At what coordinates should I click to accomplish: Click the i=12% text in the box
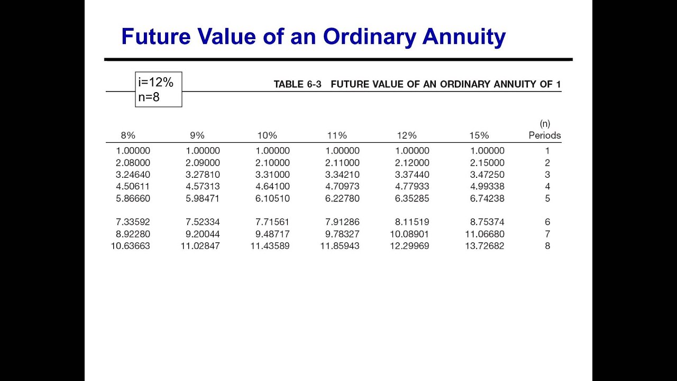pos(156,82)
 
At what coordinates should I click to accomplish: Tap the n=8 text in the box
pos(149,97)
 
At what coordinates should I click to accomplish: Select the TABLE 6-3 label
pos(297,84)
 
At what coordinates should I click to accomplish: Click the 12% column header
pos(407,135)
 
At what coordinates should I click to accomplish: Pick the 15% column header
pos(479,135)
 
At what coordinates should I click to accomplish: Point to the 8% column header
pos(128,135)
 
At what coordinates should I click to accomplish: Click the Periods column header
pos(545,135)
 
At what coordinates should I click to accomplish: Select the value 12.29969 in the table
pos(409,246)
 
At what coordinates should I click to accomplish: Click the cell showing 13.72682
pos(484,246)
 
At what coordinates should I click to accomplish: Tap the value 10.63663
pos(130,246)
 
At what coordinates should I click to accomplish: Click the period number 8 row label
pos(547,246)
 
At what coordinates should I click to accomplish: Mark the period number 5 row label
pos(547,198)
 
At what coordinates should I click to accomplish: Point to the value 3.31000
pos(272,175)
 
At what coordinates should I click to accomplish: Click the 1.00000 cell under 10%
pos(272,151)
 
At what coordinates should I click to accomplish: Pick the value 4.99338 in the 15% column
pos(487,186)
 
